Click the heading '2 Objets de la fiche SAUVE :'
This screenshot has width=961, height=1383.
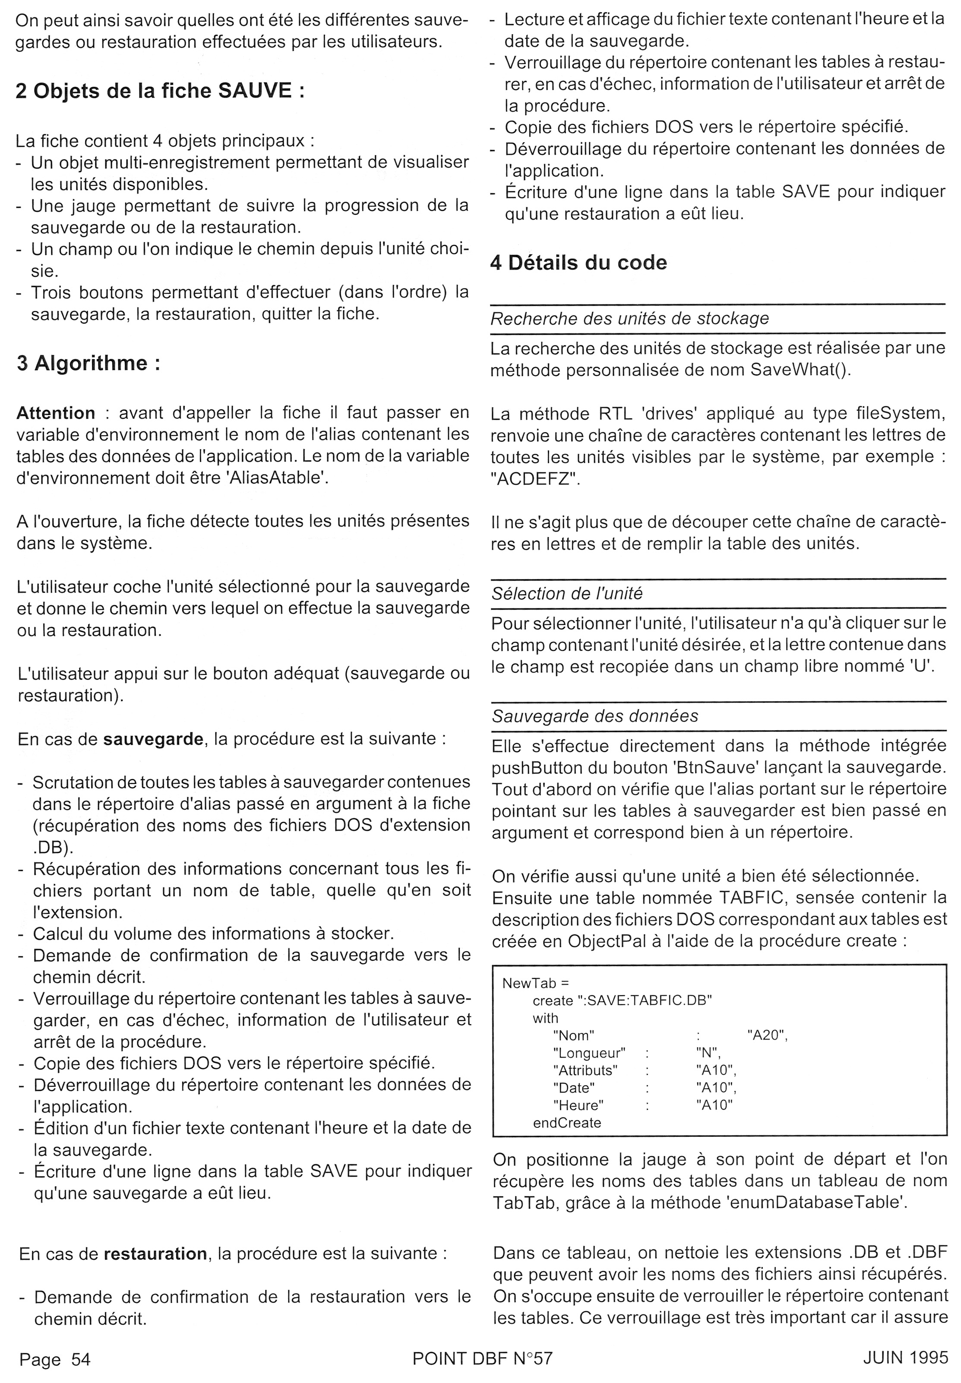[x=160, y=91]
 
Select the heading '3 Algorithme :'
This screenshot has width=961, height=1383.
[x=89, y=363]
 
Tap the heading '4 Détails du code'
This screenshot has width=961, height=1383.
[x=578, y=263]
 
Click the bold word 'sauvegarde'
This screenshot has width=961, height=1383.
[x=153, y=739]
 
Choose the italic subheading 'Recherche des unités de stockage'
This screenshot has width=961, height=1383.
[x=629, y=319]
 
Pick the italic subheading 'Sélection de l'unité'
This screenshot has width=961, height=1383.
[x=566, y=594]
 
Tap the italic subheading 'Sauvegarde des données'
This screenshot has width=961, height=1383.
[x=595, y=716]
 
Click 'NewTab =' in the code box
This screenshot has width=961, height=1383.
[x=535, y=983]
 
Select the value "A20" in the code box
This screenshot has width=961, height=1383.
[x=767, y=1035]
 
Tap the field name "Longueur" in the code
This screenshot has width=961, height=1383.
[x=589, y=1053]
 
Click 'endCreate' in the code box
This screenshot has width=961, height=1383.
[x=566, y=1123]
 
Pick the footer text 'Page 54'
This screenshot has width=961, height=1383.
[x=55, y=1360]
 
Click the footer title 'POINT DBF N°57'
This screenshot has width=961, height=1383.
[x=482, y=1358]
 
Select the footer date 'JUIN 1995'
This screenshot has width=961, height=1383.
[x=905, y=1358]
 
